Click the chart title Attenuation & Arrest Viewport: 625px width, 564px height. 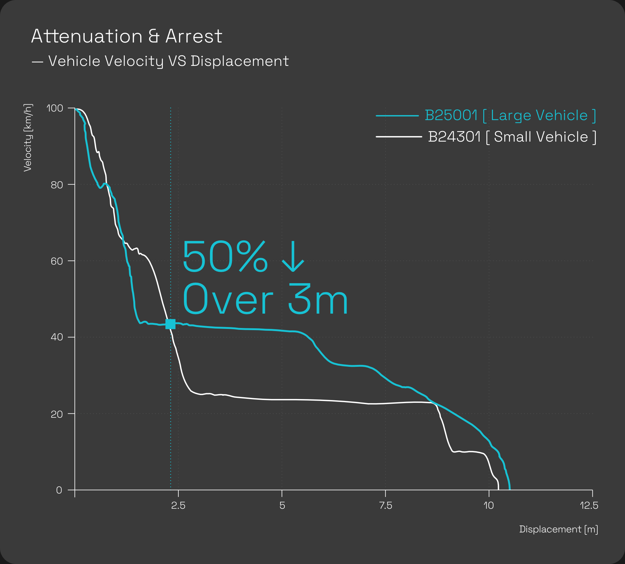coord(127,36)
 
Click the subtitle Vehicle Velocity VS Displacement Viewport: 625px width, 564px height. coord(168,61)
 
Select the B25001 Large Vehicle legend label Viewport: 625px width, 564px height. coord(510,116)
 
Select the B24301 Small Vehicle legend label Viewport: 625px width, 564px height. coord(512,137)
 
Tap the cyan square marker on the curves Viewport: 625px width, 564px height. coord(170,324)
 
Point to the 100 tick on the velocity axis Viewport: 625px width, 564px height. coord(55,108)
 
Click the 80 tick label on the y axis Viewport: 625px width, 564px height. coord(57,185)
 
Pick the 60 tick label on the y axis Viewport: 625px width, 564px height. coord(57,261)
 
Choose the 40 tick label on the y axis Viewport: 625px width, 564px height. coord(57,337)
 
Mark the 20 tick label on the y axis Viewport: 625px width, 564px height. coord(57,414)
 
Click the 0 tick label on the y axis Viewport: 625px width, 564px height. coord(59,490)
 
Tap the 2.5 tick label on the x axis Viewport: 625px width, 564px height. coord(178,506)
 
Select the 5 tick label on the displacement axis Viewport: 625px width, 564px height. coord(282,506)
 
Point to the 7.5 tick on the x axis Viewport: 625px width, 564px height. coord(386,506)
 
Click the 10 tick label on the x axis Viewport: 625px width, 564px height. coord(489,506)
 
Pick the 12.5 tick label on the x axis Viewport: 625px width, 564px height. coord(589,506)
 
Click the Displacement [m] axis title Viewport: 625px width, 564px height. coord(559,529)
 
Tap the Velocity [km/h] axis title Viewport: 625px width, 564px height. coord(28,138)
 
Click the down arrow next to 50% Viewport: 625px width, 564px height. coord(293,256)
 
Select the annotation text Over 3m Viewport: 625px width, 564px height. coord(265,299)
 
